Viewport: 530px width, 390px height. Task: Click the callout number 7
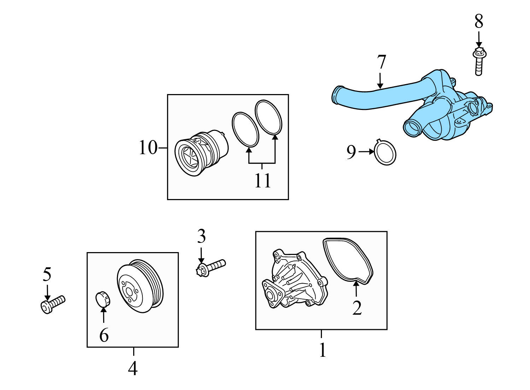pyautogui.click(x=381, y=63)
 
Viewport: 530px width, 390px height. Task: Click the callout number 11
pyautogui.click(x=263, y=181)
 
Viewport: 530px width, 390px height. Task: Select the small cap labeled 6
pyautogui.click(x=103, y=299)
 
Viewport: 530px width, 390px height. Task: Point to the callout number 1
pyautogui.click(x=322, y=350)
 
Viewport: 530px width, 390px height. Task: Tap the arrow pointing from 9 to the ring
pyautogui.click(x=366, y=152)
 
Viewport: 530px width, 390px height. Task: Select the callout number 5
pyautogui.click(x=47, y=274)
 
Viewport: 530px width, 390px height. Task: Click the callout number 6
pyautogui.click(x=104, y=335)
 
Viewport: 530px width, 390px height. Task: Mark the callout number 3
pyautogui.click(x=201, y=237)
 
